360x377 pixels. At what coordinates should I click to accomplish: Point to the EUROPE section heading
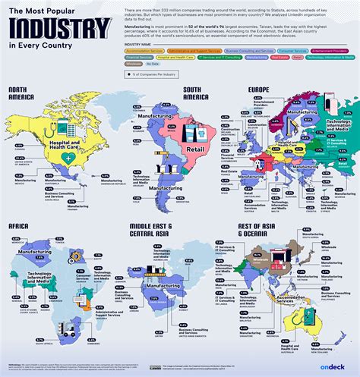259,90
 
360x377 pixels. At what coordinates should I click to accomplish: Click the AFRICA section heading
20,225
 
